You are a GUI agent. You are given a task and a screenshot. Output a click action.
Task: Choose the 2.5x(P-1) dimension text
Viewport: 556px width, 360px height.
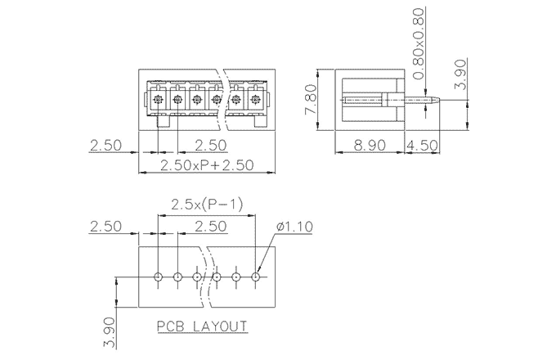(206, 205)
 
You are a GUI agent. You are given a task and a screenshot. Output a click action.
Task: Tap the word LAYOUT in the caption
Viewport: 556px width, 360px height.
(220, 326)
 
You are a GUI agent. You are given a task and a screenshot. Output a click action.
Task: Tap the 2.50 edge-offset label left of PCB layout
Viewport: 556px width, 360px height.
(105, 227)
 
